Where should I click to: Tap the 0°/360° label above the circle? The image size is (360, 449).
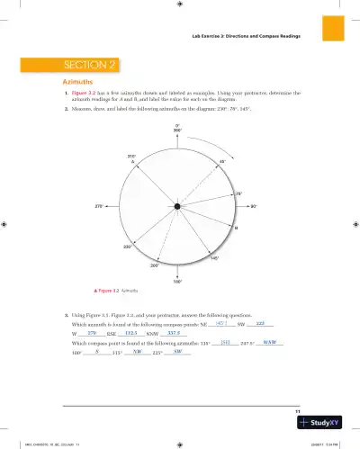click(x=178, y=127)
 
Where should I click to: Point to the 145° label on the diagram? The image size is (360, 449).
click(x=214, y=258)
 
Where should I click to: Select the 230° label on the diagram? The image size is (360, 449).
click(x=128, y=246)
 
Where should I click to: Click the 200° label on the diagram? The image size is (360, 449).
click(x=155, y=265)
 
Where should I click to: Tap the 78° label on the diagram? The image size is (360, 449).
click(x=238, y=193)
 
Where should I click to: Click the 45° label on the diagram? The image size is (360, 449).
click(x=222, y=162)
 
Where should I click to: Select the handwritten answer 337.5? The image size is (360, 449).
click(x=176, y=334)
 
